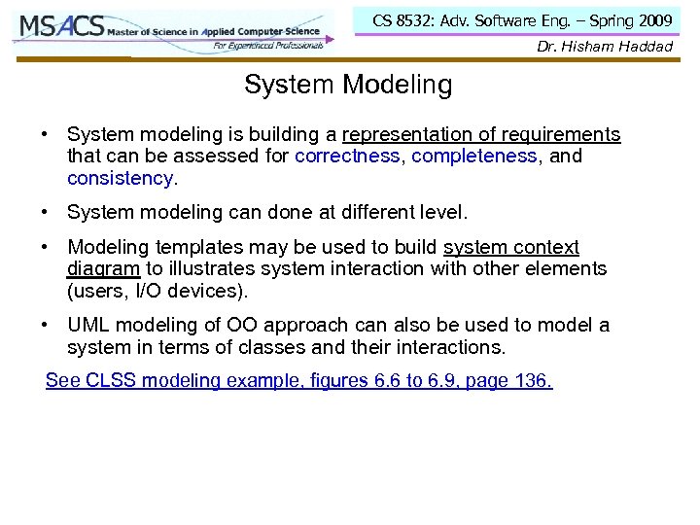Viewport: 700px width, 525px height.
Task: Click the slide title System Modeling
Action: (348, 86)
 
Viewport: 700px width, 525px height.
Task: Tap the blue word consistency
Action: (120, 178)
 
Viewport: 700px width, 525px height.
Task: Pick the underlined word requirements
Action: (563, 135)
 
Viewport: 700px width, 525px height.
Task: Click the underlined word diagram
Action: (104, 269)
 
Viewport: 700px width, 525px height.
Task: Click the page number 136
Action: (531, 381)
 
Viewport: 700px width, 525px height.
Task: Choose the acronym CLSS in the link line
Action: (104, 381)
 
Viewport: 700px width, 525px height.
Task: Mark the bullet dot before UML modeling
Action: (46, 326)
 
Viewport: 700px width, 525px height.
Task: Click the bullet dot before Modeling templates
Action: (46, 248)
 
